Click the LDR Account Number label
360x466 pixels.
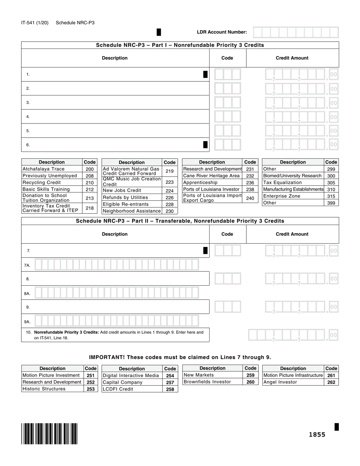pyautogui.click(x=222, y=32)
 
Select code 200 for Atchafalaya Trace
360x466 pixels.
pyautogui.click(x=89, y=169)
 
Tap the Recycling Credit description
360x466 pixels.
pyautogui.click(x=42, y=183)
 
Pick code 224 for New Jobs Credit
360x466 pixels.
pyautogui.click(x=169, y=191)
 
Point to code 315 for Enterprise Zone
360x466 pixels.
pyautogui.click(x=331, y=196)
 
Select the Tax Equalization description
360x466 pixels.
pyautogui.click(x=282, y=183)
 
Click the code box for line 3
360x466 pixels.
pyautogui.click(x=227, y=103)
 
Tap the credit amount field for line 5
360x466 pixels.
pyautogui.click(x=301, y=131)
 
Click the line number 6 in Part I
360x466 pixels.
pyautogui.click(x=28, y=145)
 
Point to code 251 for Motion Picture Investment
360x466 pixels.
pyautogui.click(x=91, y=375)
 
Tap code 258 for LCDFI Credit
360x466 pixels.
pyautogui.click(x=170, y=389)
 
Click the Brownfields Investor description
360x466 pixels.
pyautogui.click(x=207, y=382)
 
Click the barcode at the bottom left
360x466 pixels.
pyautogui.click(x=50, y=433)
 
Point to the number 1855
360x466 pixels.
pyautogui.click(x=317, y=435)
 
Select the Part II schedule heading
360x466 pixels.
pyautogui.click(x=180, y=221)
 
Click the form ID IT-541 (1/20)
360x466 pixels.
pyautogui.click(x=35, y=23)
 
